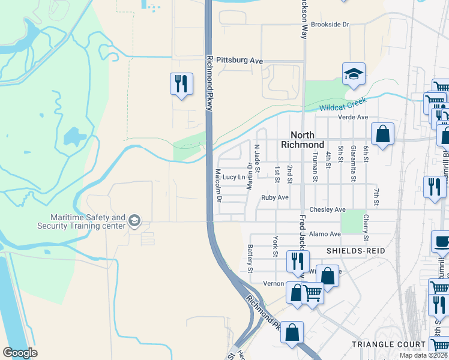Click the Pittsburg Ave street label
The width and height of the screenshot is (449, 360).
click(x=240, y=61)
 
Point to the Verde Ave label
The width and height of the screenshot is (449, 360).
click(x=352, y=117)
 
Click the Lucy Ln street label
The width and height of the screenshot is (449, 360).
click(x=234, y=177)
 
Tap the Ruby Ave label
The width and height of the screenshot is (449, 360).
click(x=274, y=197)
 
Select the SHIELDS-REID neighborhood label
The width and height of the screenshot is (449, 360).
click(x=355, y=249)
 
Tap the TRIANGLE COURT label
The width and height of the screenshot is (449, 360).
click(x=384, y=344)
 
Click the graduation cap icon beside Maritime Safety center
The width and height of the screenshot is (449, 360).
click(x=134, y=221)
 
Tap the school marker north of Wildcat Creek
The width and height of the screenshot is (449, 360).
click(x=354, y=75)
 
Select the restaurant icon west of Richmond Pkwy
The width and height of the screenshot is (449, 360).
click(x=181, y=83)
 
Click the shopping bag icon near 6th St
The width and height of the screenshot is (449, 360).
click(x=382, y=134)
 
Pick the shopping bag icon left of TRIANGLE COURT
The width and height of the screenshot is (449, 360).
click(x=292, y=333)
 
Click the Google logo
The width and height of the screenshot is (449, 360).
click(x=20, y=353)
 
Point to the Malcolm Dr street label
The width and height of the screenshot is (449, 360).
click(x=218, y=184)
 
